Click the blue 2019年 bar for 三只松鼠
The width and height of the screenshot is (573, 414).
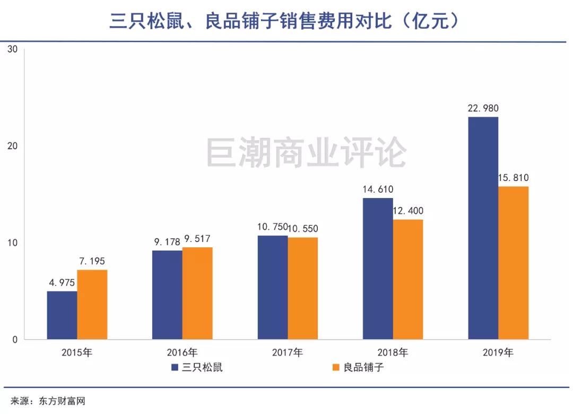[x=483, y=228]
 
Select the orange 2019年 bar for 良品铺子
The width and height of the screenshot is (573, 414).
[x=514, y=263]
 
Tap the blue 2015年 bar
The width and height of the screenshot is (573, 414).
[x=62, y=315]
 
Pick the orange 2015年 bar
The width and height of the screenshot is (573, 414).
[x=92, y=305]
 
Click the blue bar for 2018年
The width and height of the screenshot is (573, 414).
[x=378, y=269]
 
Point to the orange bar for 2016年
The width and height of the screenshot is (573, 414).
[x=197, y=293]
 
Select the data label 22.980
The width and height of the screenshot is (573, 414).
[x=483, y=109]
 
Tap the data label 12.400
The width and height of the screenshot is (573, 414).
[x=408, y=211]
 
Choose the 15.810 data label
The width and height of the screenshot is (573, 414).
[x=513, y=178]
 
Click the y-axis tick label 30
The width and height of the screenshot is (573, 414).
[x=13, y=49]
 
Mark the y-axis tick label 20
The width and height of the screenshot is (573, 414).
[x=13, y=146]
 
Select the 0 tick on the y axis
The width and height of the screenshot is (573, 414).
[x=15, y=340]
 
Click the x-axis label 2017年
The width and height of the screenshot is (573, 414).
[x=288, y=352]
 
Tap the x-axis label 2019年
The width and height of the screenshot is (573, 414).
[x=498, y=352]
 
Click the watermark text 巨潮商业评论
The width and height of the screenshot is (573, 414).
[x=306, y=153]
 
